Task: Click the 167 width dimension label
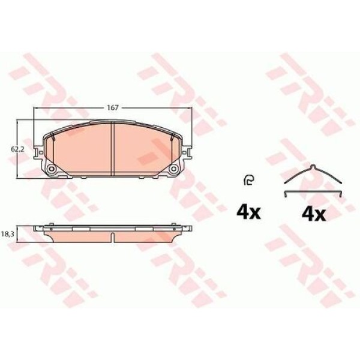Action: pyautogui.click(x=113, y=107)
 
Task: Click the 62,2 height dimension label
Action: pyautogui.click(x=17, y=149)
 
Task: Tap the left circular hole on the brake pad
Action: pyautogui.click(x=52, y=169)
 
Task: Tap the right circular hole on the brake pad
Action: pyautogui.click(x=173, y=169)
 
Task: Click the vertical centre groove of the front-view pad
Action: pyautogui.click(x=113, y=149)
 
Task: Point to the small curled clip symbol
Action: pyautogui.click(x=249, y=180)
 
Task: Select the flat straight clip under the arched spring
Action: pyautogui.click(x=313, y=193)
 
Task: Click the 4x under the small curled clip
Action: pyautogui.click(x=248, y=213)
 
